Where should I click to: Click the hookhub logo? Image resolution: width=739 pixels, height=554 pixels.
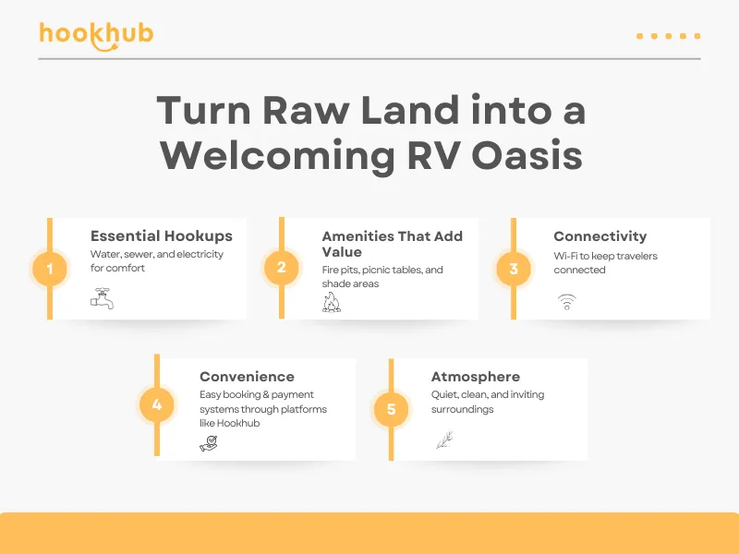click(96, 35)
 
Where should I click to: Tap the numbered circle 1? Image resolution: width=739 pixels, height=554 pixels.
click(50, 270)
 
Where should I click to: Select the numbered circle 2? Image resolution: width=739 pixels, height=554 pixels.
click(281, 268)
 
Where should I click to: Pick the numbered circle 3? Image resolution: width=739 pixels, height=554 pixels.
click(514, 269)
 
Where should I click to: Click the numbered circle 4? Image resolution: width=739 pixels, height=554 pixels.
click(157, 405)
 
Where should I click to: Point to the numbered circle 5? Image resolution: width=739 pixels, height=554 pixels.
click(391, 409)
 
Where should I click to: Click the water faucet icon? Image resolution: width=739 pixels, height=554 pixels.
click(102, 298)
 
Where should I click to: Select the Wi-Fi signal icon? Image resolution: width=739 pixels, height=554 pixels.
click(565, 301)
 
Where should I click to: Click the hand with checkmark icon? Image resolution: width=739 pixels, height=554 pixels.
click(209, 444)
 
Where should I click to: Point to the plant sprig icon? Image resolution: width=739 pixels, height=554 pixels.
click(444, 440)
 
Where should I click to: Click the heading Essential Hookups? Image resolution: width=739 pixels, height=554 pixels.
click(161, 236)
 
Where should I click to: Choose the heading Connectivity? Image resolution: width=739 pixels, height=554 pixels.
click(600, 236)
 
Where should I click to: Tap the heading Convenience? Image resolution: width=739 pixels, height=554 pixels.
click(247, 377)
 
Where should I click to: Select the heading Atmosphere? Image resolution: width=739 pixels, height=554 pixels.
click(475, 377)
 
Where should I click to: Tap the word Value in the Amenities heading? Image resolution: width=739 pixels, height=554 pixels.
click(342, 252)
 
